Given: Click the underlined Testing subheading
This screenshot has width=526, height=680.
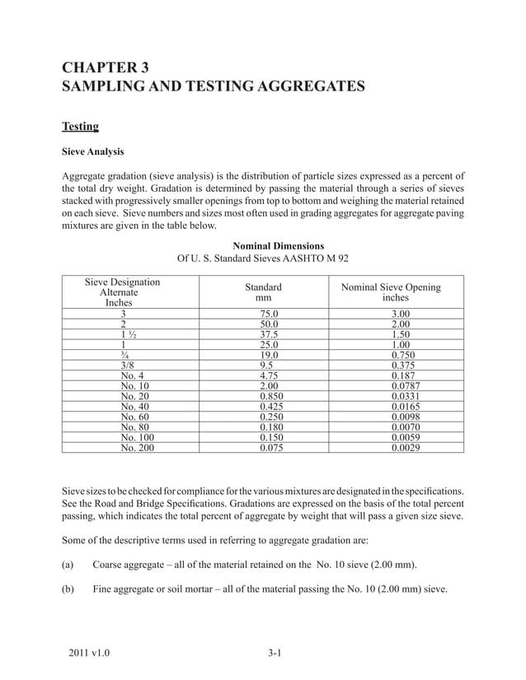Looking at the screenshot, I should [x=80, y=126].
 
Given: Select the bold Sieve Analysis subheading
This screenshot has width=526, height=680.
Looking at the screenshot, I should [x=93, y=152].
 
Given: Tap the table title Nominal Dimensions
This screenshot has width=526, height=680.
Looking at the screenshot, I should [x=279, y=245].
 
